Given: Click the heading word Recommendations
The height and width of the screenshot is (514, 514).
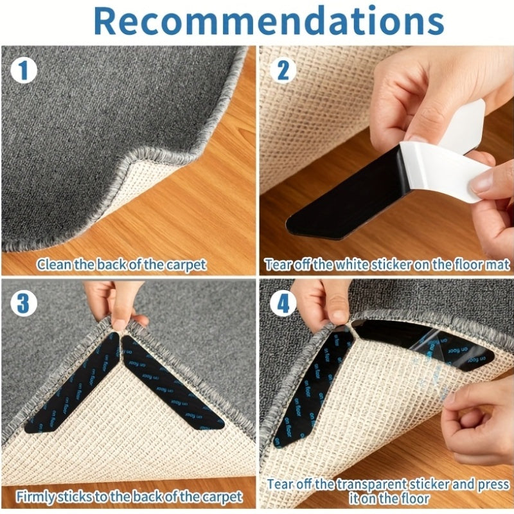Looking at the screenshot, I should click(x=269, y=21).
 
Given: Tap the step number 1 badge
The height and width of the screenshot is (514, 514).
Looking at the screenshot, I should click(x=23, y=70).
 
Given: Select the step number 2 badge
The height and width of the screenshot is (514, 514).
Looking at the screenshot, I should click(x=283, y=70).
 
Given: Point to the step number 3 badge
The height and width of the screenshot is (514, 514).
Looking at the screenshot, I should click(x=23, y=303).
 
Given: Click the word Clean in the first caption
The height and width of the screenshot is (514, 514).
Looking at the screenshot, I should click(x=53, y=264).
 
